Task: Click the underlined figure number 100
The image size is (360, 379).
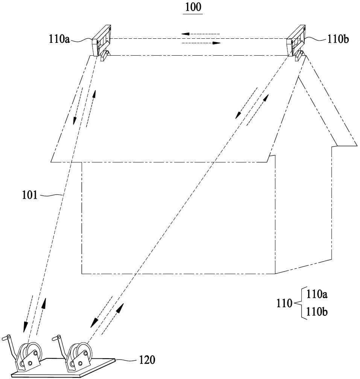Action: point(193,7)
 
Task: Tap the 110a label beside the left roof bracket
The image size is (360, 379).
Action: point(59,39)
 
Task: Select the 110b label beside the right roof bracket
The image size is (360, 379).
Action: point(338,39)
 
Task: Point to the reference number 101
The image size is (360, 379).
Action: point(30,195)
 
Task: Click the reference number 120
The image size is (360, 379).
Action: point(147,360)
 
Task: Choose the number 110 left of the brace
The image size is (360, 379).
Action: point(284,303)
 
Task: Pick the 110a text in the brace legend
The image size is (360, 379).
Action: point(317,294)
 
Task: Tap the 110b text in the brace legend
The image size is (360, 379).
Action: point(317,312)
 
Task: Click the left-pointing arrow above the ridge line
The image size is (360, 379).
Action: point(201,34)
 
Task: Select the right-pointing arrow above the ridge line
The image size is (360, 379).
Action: point(201,43)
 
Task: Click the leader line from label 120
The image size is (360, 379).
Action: point(126,360)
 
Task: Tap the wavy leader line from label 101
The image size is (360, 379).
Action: point(51,195)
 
